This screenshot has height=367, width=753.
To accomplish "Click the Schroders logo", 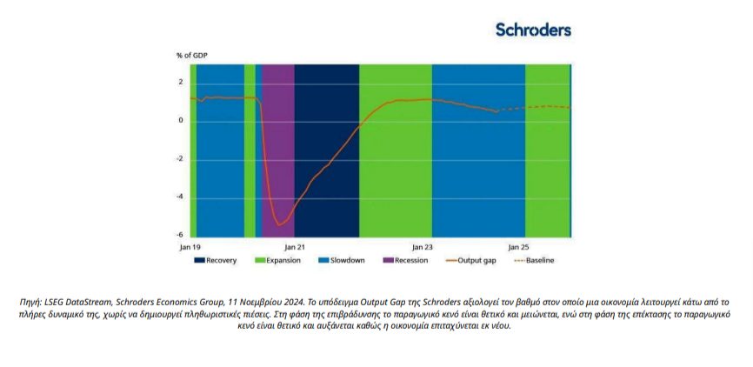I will click(x=533, y=30).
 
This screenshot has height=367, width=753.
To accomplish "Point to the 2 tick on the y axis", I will click(x=181, y=83).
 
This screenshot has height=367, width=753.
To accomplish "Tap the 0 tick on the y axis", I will click(x=181, y=120).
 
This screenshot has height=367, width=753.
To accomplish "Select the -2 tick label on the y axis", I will click(x=179, y=158).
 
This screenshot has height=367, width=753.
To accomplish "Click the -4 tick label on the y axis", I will click(x=179, y=197).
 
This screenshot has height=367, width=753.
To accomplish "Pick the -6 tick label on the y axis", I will click(x=179, y=234).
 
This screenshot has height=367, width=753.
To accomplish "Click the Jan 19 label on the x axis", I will click(x=190, y=247).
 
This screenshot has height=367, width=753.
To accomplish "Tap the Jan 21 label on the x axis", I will click(x=296, y=247).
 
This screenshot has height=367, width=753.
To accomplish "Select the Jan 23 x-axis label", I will click(x=422, y=247).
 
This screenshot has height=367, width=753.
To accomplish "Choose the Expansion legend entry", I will click(x=280, y=260).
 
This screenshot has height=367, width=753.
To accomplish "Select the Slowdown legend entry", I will click(x=343, y=260).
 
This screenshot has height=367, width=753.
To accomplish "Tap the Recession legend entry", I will click(x=406, y=260).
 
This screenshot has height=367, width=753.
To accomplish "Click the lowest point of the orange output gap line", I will click(x=280, y=225).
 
